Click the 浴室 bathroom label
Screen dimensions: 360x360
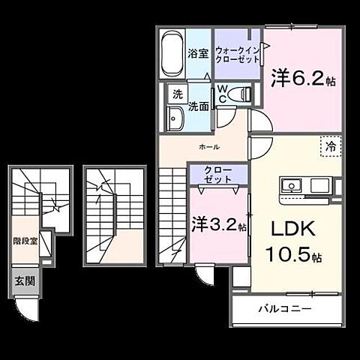click(198, 54)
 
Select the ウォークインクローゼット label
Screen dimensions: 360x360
click(236, 55)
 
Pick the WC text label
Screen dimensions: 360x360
click(223, 94)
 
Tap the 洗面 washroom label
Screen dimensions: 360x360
click(199, 106)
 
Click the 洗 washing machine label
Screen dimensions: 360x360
click(178, 94)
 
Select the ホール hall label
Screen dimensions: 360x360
click(208, 147)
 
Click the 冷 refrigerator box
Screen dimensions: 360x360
click(330, 146)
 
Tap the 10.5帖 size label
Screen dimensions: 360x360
click(293, 255)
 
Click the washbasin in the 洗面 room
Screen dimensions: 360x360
click(177, 118)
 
